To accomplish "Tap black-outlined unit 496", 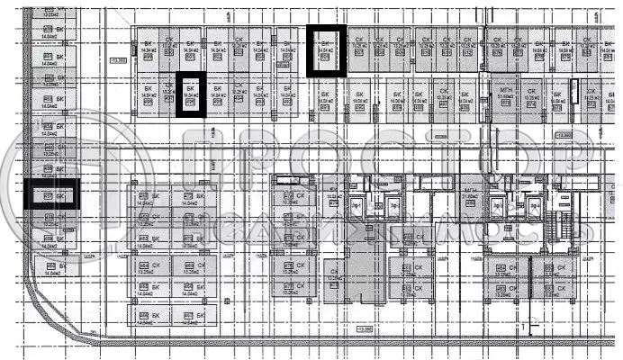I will [x=190, y=94].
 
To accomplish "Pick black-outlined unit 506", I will [x=326, y=50].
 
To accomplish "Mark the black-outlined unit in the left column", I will [x=50, y=195].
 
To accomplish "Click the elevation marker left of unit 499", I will [x=118, y=60].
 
